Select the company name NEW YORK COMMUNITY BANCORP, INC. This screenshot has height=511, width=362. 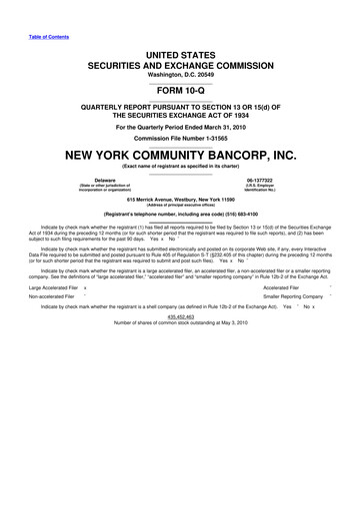click(x=180, y=156)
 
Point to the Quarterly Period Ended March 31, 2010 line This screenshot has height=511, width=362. click(x=180, y=127)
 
